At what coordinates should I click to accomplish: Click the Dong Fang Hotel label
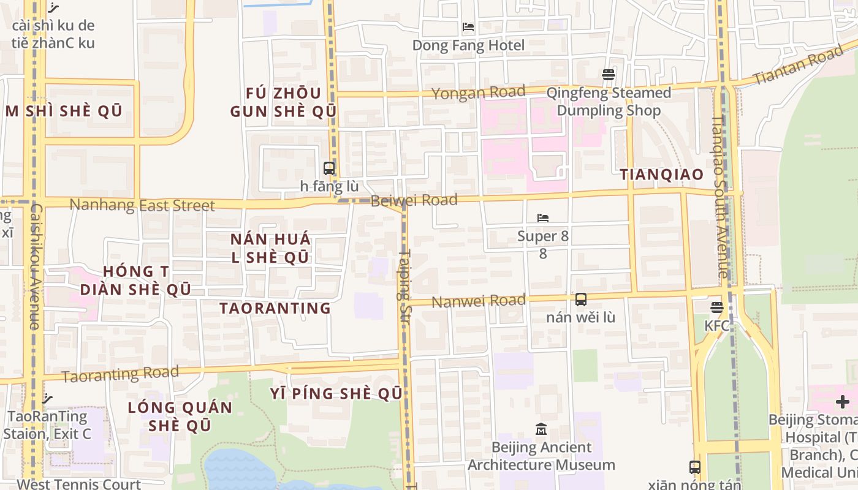468,45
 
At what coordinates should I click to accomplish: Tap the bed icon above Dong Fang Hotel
468,27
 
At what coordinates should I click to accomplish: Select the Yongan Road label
479,92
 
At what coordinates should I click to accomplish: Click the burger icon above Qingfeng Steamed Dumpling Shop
609,75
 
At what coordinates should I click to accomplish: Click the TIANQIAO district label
661,175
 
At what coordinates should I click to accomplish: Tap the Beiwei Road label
414,200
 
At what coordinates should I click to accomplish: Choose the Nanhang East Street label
142,205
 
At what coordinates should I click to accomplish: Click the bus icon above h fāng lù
329,168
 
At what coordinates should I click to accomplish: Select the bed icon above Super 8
542,218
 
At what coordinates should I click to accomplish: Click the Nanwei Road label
479,301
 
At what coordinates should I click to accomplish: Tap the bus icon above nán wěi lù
580,300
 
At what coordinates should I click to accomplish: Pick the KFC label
716,325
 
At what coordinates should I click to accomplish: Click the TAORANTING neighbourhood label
275,308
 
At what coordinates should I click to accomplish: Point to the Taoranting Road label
120,374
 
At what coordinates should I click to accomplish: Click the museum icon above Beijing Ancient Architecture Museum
541,429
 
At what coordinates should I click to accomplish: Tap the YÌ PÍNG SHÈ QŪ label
336,393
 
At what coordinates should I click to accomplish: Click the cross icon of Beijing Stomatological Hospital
843,402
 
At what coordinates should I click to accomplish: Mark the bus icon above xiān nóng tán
694,467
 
